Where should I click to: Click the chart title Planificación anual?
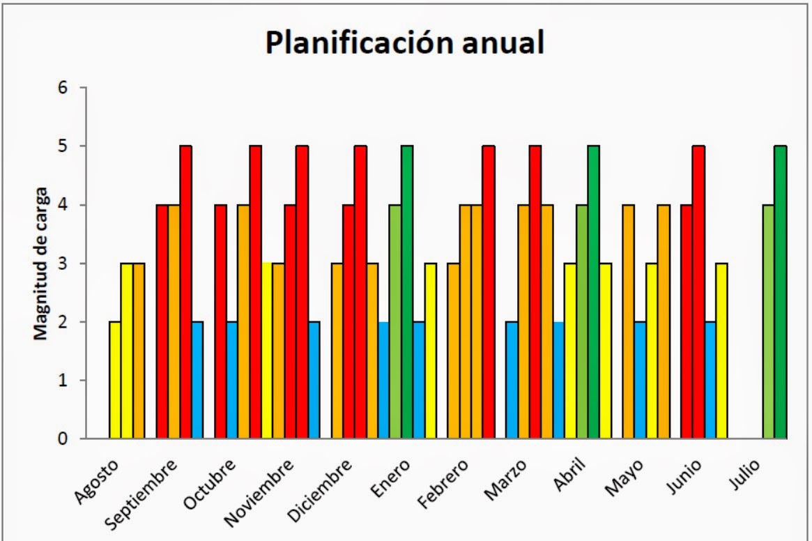pyautogui.click(x=405, y=43)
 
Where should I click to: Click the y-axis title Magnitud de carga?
pyautogui.click(x=43, y=263)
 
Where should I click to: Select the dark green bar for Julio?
pyautogui.click(x=780, y=293)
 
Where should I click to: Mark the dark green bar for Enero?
pyautogui.click(x=407, y=293)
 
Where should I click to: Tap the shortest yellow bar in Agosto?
pyautogui.click(x=115, y=381)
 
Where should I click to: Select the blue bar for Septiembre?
pyautogui.click(x=197, y=381)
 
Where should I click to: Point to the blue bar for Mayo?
pyautogui.click(x=640, y=381)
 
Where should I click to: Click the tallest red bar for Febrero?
pyautogui.click(x=489, y=293)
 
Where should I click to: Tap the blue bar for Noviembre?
pyautogui.click(x=314, y=381)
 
